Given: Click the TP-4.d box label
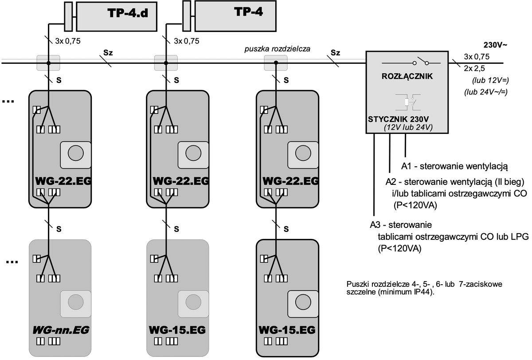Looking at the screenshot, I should click(127, 14).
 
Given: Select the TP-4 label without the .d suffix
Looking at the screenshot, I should click(248, 12).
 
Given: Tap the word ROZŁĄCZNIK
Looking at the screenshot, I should click(407, 76).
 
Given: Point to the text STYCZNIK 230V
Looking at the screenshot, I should click(398, 119).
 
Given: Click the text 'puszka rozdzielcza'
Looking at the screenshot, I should click(277, 49).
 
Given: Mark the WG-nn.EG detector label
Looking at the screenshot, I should click(61, 330).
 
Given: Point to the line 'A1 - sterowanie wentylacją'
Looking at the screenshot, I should click(454, 167).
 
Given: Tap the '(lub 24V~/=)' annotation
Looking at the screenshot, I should click(485, 92).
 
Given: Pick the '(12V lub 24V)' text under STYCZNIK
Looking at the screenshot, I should click(408, 127).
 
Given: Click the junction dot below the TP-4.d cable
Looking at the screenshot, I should click(49, 63).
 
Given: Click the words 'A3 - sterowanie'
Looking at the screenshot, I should click(401, 224).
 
